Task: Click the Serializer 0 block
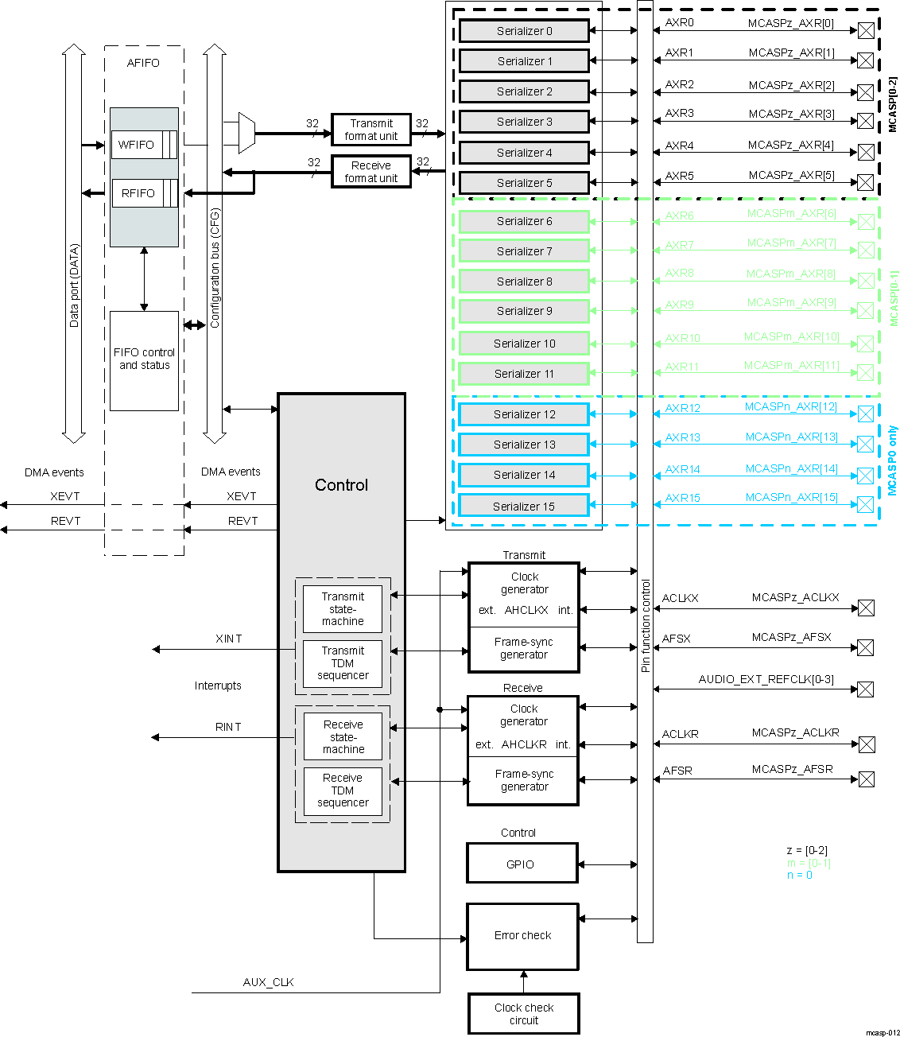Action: click(x=524, y=31)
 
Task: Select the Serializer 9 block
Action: click(x=524, y=311)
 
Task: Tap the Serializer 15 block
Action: click(x=524, y=506)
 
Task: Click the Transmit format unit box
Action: click(x=371, y=130)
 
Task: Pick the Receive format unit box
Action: click(x=371, y=172)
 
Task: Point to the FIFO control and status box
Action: click(x=144, y=360)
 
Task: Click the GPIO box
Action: click(x=522, y=864)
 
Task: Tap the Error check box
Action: click(x=522, y=936)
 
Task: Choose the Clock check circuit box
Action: click(x=523, y=1013)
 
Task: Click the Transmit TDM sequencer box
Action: click(x=343, y=663)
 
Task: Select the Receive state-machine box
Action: click(x=343, y=737)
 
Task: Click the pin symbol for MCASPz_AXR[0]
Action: click(x=866, y=30)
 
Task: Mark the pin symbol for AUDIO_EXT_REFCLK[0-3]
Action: click(x=866, y=689)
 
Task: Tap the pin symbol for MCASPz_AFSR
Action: click(x=866, y=779)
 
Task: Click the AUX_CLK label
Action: click(x=268, y=982)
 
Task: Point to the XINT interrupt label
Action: click(x=228, y=639)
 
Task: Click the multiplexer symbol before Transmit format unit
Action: click(x=246, y=133)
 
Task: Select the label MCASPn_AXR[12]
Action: click(x=790, y=406)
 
